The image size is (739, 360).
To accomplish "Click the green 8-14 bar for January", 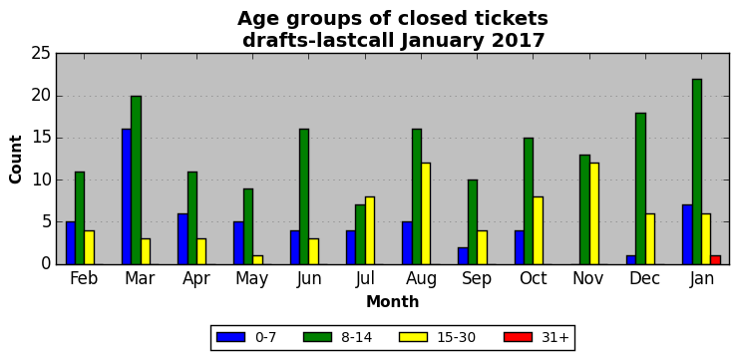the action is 696,172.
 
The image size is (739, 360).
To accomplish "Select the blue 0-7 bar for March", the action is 127,196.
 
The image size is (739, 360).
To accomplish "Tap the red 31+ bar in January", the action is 715,260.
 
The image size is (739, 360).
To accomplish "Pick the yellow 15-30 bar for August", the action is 426,213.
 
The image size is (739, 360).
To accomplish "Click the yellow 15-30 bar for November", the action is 593,213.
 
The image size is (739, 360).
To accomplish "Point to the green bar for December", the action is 640,188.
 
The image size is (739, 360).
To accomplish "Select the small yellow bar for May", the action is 257,260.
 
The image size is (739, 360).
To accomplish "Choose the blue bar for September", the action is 463,256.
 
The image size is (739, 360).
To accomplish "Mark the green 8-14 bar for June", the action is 304,196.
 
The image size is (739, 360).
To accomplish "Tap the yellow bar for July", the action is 369,230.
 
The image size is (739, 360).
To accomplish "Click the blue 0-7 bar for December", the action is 631,260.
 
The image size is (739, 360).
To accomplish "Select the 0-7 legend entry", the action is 246,337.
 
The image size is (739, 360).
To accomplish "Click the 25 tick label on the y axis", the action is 41,54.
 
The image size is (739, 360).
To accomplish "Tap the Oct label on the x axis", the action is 533,278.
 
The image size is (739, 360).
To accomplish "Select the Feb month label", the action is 84,278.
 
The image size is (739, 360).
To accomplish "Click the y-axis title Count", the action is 16,160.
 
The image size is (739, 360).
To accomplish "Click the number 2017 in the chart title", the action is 518,41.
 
